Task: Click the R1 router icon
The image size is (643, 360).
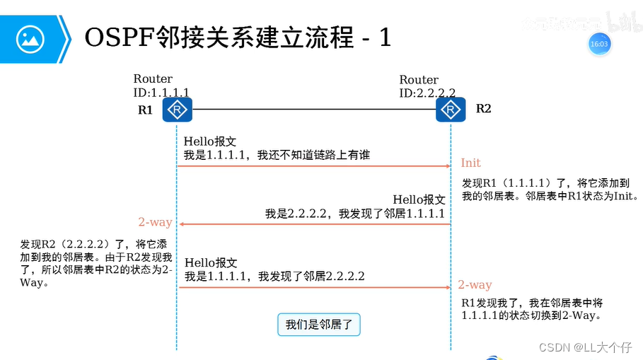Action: pos(176,110)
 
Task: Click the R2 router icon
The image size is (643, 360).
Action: pos(451,110)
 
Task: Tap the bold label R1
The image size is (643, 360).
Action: pos(145,110)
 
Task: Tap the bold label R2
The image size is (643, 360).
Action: pos(483,108)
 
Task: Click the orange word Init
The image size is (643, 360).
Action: pos(470,163)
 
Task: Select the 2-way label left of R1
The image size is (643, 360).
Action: pos(155,222)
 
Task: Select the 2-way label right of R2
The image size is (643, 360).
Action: pos(475,284)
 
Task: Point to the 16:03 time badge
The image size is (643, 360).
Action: pos(598,44)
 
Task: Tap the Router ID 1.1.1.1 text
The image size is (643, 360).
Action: pos(161,86)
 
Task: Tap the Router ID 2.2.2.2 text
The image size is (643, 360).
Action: pos(427,86)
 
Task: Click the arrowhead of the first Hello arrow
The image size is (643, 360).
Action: pos(448,166)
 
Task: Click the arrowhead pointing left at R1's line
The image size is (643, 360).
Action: pos(181,224)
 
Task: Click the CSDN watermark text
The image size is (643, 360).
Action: pos(585,347)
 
